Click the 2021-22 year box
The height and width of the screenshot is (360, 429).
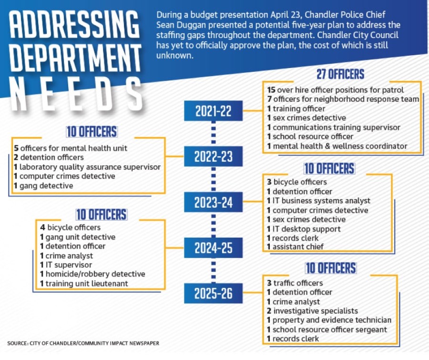tap(213, 110)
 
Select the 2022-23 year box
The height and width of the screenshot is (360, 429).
tap(213, 156)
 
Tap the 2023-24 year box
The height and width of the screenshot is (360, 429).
tap(213, 202)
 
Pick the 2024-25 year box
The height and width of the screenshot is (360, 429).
tap(213, 248)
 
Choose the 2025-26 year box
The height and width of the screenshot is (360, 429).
tap(213, 293)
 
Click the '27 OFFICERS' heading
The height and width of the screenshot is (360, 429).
tap(340, 74)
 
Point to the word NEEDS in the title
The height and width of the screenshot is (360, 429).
tap(76, 93)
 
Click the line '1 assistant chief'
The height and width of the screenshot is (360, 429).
tap(295, 247)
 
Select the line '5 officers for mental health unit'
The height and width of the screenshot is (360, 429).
tap(71, 148)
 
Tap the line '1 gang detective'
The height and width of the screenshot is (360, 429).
tap(43, 186)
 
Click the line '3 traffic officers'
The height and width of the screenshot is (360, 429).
tap(295, 283)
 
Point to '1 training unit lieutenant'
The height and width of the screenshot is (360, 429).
tap(84, 283)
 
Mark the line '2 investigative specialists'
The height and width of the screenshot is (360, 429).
tap(312, 311)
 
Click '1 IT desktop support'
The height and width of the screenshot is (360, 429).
tap(304, 229)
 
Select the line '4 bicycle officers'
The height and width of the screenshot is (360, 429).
tap(71, 228)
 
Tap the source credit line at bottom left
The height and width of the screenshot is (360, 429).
tap(83, 343)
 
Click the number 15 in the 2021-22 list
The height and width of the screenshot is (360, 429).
tap(271, 90)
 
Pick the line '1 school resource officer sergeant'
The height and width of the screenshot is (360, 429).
tap(327, 330)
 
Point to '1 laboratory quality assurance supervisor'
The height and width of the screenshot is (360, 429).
tap(87, 167)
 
